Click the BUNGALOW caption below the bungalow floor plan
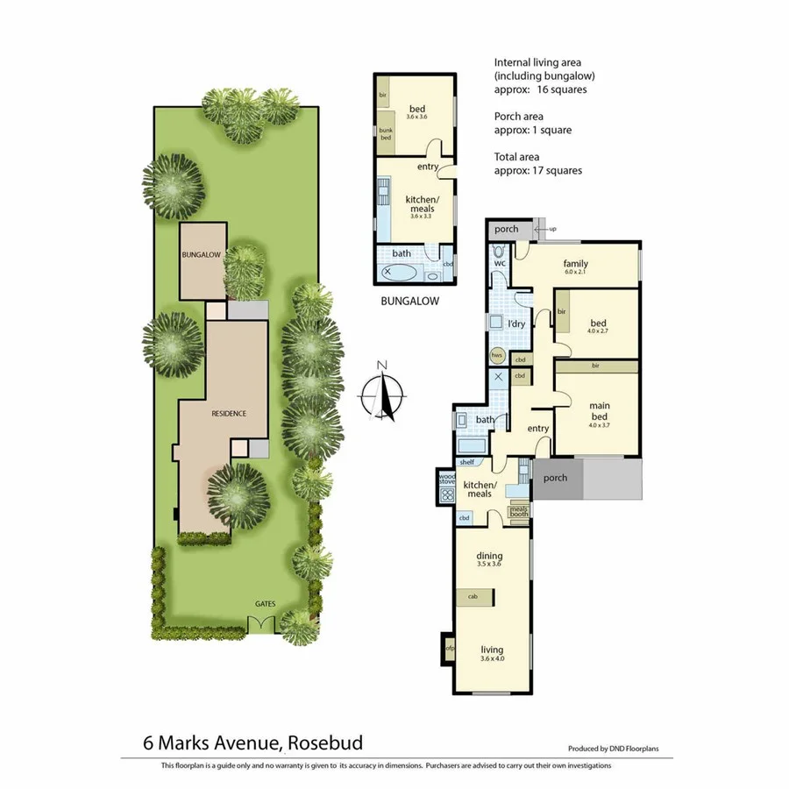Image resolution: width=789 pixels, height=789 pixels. [x=410, y=301]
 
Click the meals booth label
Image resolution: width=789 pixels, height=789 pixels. [x=519, y=510]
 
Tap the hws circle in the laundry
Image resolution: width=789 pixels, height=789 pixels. [x=497, y=355]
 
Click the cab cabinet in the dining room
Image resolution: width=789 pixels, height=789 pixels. [x=473, y=597]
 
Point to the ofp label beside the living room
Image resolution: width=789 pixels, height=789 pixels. [x=449, y=649]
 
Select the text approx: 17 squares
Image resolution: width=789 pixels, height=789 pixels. [x=538, y=171]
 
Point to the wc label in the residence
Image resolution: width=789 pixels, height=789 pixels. [x=500, y=263]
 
